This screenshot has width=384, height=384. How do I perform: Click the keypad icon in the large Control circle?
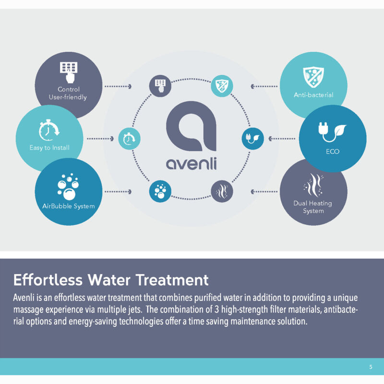[x=69, y=72]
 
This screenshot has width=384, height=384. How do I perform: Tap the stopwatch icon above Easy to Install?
[x=49, y=130]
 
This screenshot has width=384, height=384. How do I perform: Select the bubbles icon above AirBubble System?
[x=68, y=187]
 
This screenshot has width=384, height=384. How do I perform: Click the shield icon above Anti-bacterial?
[x=313, y=77]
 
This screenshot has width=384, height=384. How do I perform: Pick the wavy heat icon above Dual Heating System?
[x=313, y=185]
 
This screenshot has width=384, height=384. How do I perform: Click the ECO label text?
[x=333, y=151]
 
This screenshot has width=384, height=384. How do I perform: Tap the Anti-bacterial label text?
[x=313, y=95]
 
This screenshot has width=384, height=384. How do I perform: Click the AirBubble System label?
[x=69, y=206]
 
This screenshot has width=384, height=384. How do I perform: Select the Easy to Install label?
[x=49, y=148]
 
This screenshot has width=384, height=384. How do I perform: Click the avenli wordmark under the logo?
[x=191, y=164]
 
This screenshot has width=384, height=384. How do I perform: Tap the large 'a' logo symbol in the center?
[x=191, y=126]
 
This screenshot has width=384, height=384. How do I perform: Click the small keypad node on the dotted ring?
[x=160, y=86]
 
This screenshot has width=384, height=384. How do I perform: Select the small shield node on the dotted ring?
[x=222, y=86]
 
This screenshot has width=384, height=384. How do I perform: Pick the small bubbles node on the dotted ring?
[x=160, y=191]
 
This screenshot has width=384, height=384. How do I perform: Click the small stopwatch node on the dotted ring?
[x=129, y=139]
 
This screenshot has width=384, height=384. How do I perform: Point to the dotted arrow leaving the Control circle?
[x=118, y=86]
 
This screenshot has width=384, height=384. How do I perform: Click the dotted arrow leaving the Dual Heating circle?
[x=264, y=192]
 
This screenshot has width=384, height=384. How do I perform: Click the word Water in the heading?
[x=109, y=280]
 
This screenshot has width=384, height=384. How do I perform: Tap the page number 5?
[x=371, y=367]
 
